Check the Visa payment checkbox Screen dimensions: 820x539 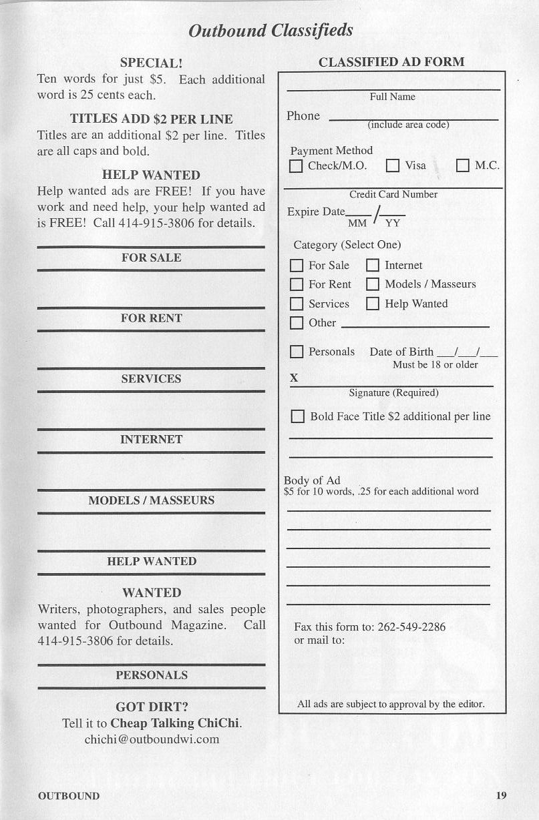click(393, 166)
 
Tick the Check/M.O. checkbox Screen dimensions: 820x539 click(296, 166)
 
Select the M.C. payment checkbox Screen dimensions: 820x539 click(463, 166)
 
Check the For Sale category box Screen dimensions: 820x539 click(297, 266)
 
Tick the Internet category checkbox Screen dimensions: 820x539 click(373, 266)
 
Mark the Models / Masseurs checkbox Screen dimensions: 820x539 click(373, 284)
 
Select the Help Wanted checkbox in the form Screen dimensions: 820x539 click(373, 304)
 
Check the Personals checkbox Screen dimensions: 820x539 click(297, 352)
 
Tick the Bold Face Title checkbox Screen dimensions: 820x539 click(298, 416)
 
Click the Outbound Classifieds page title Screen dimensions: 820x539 click(271, 31)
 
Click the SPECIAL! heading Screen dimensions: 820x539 click(151, 63)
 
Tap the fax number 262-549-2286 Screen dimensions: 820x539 click(411, 627)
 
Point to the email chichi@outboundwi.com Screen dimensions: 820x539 click(152, 739)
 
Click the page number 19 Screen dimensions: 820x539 click(502, 795)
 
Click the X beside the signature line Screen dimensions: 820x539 click(294, 378)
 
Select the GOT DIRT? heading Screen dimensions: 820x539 click(152, 707)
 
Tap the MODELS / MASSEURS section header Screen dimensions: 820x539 click(152, 500)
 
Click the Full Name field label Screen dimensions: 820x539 click(393, 97)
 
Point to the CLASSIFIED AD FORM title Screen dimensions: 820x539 click(391, 62)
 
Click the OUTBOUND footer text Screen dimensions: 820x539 click(69, 796)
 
